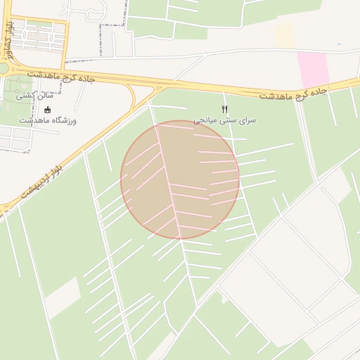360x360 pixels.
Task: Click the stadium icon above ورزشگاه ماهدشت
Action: pos(47,110)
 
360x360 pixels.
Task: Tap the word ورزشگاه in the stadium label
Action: pos(63,121)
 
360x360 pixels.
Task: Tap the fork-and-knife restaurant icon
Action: pos(225,109)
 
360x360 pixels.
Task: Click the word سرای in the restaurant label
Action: pos(247,120)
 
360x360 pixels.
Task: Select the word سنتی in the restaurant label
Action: pos(229,120)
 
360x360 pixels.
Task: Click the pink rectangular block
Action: pos(313,69)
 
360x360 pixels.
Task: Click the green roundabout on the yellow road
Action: pos(2,68)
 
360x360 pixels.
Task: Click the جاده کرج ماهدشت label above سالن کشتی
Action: pos(62,75)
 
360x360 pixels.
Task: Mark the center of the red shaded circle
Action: pos(180,180)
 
